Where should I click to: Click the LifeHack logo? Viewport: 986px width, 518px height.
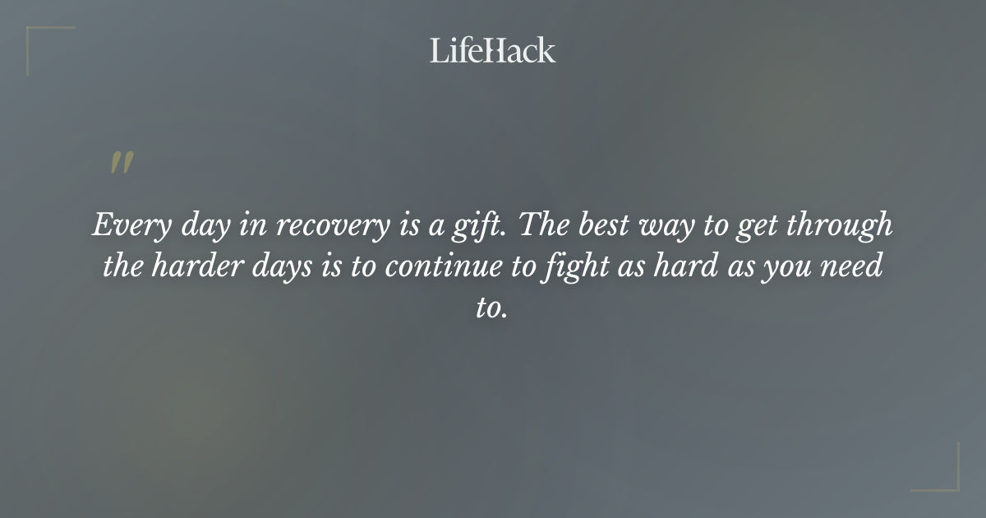pos(492,50)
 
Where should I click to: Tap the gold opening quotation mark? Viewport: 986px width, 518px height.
pos(122,163)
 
